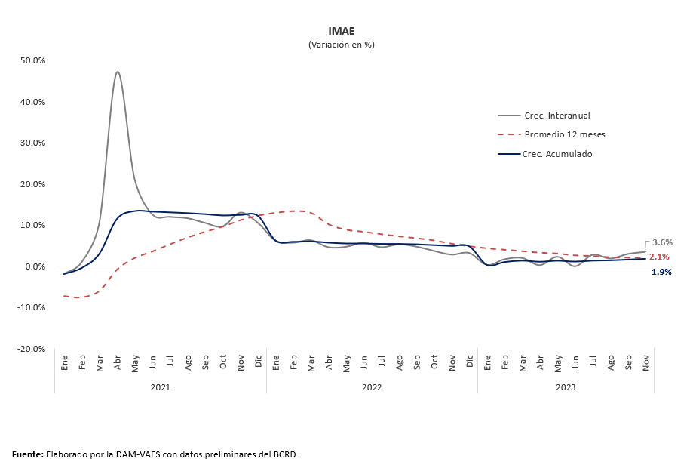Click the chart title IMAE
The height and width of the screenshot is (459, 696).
pyautogui.click(x=341, y=31)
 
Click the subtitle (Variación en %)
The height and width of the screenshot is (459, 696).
pyautogui.click(x=341, y=45)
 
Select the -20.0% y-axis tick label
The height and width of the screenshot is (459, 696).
pyautogui.click(x=31, y=349)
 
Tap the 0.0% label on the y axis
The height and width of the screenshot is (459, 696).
pyautogui.click(x=35, y=266)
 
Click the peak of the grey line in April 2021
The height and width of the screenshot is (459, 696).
pyautogui.click(x=118, y=72)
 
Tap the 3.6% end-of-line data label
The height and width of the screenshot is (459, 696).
pyautogui.click(x=662, y=242)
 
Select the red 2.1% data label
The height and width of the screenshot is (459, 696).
pyautogui.click(x=659, y=257)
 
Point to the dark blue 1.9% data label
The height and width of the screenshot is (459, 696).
pyautogui.click(x=661, y=272)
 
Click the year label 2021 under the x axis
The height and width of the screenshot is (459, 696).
pyautogui.click(x=160, y=387)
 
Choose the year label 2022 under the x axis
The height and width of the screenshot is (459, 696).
pyautogui.click(x=371, y=387)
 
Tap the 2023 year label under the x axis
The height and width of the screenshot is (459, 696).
pyautogui.click(x=566, y=387)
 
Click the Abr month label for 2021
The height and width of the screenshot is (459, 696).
pyautogui.click(x=118, y=362)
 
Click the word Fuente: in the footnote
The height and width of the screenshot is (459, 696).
pyautogui.click(x=27, y=454)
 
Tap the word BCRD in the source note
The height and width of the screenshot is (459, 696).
pyautogui.click(x=285, y=454)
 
